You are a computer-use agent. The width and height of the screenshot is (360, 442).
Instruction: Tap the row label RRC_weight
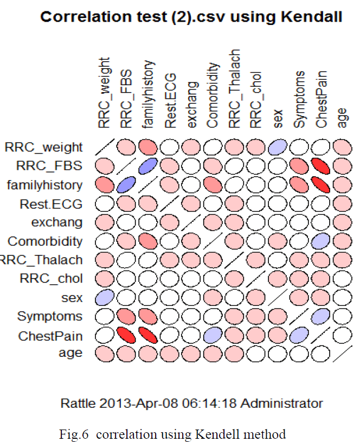click(x=44, y=147)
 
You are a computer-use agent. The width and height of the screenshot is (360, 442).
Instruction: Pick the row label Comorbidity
click(x=45, y=241)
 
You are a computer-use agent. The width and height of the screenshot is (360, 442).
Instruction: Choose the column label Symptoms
click(x=299, y=99)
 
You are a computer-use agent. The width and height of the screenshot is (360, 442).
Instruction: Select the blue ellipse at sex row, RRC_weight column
click(x=104, y=297)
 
